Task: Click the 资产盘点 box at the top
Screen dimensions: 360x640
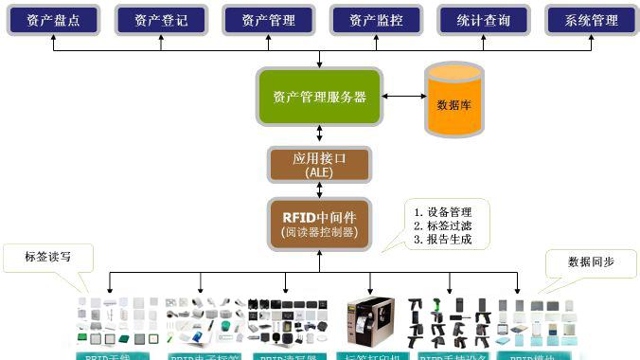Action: tap(53, 19)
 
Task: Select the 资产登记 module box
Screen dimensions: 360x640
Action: tap(161, 19)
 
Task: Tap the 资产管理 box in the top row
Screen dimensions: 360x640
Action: tap(268, 19)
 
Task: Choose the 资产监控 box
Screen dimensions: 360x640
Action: tap(376, 19)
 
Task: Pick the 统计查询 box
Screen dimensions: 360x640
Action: tap(483, 19)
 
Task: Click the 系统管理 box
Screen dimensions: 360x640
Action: tap(591, 19)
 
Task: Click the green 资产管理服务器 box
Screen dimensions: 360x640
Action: tap(319, 97)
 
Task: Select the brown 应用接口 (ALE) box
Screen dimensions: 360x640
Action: tap(319, 165)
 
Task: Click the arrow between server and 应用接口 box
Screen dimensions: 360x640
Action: tap(319, 136)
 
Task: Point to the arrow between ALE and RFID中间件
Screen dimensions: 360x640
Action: tap(319, 189)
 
